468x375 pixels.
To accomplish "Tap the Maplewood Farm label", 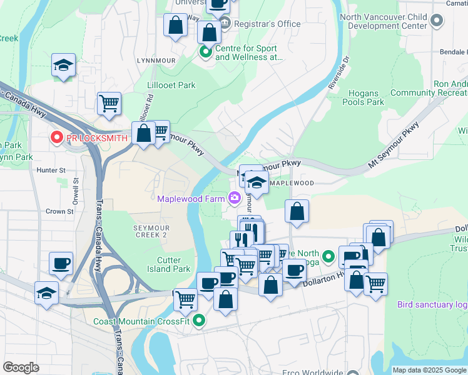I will tap(190, 199).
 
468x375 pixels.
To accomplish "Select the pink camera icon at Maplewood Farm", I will tap(234, 199).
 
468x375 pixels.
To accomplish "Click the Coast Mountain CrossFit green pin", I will tap(199, 321).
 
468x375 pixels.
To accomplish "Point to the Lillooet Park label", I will tap(171, 85).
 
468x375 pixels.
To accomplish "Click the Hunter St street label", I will tap(51, 169).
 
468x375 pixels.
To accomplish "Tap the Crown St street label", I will tap(59, 211).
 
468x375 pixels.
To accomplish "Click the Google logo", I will tap(21, 367).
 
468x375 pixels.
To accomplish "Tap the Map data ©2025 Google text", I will tap(429, 370).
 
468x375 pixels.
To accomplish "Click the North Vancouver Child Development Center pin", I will tap(437, 22).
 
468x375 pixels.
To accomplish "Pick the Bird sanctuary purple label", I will tap(432, 305).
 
